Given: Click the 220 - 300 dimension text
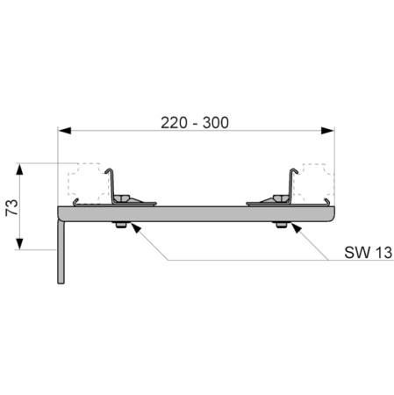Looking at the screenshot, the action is point(195,123).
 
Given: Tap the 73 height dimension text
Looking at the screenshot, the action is point(12,207).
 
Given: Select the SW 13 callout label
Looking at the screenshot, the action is point(368,252).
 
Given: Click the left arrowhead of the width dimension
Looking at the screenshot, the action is point(64,131).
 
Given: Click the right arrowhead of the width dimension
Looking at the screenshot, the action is point(327,131).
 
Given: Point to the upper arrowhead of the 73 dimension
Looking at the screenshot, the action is point(19,169).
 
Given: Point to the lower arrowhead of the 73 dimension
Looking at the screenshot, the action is point(19,243).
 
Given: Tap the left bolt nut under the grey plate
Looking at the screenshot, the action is point(120,225).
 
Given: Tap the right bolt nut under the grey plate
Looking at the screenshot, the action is point(281,225).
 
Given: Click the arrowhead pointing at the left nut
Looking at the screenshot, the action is point(135,227).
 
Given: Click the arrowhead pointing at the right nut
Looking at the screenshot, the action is point(296,227).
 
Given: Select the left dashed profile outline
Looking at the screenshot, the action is point(88,183).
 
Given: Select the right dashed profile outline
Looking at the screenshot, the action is point(313,183).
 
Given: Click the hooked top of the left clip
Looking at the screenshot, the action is point(110,170).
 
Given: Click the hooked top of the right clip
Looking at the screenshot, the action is point(294,170).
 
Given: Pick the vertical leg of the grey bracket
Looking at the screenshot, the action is point(61,252).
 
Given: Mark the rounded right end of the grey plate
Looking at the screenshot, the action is point(331,214).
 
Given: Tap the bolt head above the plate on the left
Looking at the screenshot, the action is point(122,198).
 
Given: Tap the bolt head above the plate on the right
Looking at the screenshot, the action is point(281,198).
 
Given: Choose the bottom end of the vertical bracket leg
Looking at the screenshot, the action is point(61,283).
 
